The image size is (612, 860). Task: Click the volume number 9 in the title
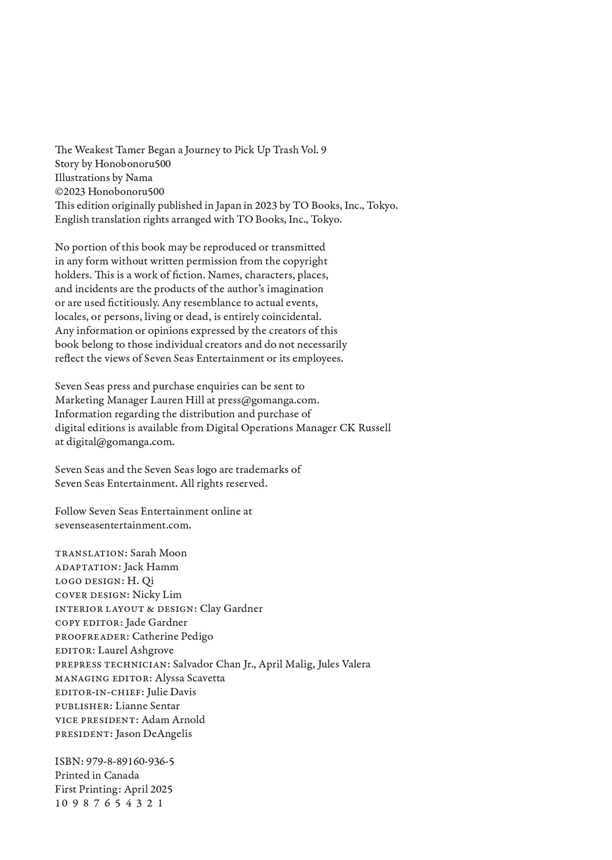[x=323, y=150]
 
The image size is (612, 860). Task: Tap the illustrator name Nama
[x=139, y=178]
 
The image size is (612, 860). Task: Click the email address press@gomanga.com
[x=268, y=400]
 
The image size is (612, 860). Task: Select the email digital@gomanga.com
[x=120, y=442]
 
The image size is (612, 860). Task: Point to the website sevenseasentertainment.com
[x=123, y=525]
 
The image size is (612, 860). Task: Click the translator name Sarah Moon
[x=159, y=553]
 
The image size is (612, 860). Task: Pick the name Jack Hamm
[x=151, y=567]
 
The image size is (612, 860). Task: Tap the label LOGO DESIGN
[x=89, y=581]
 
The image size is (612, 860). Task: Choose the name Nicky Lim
[x=157, y=595]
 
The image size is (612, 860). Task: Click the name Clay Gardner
[x=231, y=609]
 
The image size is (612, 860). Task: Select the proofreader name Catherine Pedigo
[x=172, y=637]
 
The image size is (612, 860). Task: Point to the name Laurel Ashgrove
[x=136, y=651]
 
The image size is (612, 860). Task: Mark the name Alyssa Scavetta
[x=190, y=679]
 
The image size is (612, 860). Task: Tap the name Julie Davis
[x=171, y=692]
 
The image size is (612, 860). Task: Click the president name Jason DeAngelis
[x=154, y=734]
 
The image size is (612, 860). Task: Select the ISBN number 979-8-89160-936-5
[x=130, y=762]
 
